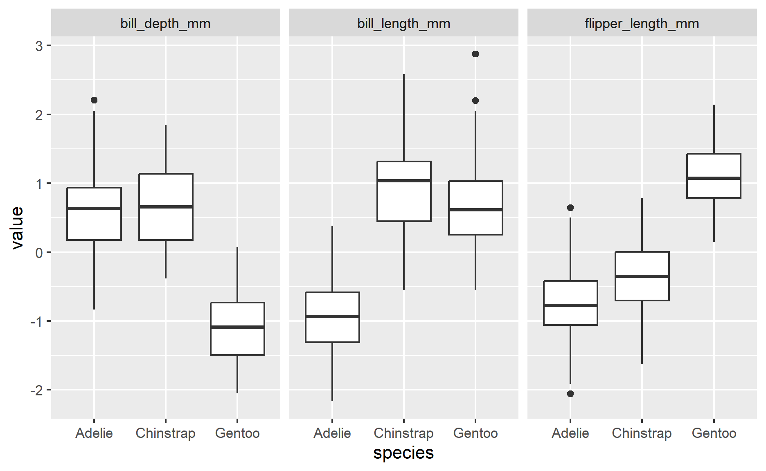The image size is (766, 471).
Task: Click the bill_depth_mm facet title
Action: [165, 24]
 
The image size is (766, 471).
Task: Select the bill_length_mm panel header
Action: [403, 24]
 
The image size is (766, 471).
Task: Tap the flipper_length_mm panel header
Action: [642, 24]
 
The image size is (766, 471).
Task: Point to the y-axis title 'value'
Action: [17, 228]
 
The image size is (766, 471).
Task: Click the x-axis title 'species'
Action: [403, 453]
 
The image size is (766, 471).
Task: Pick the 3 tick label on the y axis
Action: [39, 46]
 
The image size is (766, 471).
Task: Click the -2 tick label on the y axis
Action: [37, 390]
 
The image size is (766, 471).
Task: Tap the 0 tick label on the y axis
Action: [39, 253]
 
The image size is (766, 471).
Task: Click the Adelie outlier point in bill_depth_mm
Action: [94, 100]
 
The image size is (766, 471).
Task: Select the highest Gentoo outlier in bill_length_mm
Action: [475, 54]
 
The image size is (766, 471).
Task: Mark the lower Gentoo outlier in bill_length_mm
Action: [475, 101]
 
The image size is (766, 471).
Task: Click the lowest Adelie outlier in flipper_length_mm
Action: [570, 394]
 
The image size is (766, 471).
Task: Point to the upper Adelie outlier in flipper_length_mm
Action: [570, 208]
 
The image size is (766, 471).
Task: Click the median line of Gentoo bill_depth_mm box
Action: [237, 327]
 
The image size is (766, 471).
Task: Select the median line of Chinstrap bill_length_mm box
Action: [404, 180]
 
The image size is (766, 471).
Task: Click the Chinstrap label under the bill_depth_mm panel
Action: [165, 433]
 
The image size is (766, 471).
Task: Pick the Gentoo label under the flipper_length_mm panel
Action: [714, 433]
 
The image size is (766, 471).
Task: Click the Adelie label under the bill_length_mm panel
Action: [332, 433]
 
